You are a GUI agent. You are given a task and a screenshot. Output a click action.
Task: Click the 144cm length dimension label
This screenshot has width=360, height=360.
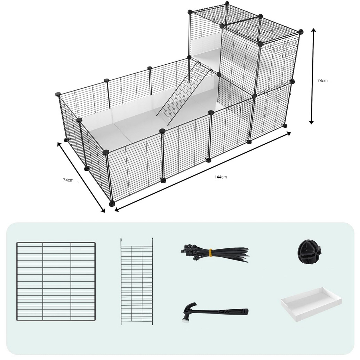[221, 177]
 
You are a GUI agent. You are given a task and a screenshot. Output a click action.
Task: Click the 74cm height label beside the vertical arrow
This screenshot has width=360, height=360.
[322, 81]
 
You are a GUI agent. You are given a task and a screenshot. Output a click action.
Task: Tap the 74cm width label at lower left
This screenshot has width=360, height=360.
[68, 180]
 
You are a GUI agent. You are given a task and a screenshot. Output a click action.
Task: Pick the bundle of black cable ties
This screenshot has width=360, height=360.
[215, 254]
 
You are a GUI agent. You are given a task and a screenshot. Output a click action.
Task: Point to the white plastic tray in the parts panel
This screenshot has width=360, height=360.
[311, 304]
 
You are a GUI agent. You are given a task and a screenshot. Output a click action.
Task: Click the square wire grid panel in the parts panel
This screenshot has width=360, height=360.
[56, 281]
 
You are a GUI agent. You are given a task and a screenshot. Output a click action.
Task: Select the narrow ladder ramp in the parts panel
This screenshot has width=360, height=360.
[137, 281]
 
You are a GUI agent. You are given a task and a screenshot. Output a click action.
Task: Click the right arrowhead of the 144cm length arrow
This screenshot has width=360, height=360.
[288, 134]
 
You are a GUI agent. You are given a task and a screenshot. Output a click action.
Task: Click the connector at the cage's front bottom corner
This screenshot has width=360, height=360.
[112, 203]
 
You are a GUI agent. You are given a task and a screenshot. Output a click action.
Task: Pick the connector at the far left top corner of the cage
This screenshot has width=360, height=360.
[58, 94]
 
